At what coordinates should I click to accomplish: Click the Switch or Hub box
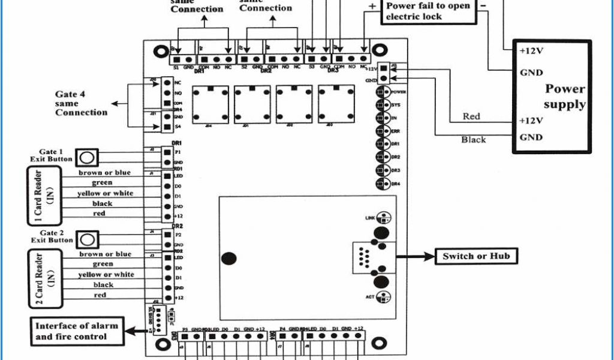click(x=476, y=256)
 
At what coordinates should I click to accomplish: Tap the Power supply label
click(x=564, y=97)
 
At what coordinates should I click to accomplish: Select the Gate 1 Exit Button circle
click(x=88, y=158)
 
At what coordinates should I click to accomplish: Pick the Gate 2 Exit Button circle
click(x=88, y=239)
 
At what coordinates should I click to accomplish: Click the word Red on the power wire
click(x=471, y=116)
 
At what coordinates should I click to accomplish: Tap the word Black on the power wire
click(x=473, y=139)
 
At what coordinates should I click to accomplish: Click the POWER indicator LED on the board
click(x=381, y=92)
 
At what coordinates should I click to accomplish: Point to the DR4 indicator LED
click(x=381, y=183)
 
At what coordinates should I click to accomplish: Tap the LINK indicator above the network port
click(x=384, y=218)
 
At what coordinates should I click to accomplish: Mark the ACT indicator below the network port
click(x=384, y=296)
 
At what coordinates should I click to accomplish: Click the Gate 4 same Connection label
click(x=82, y=103)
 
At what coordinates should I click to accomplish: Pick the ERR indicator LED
click(x=381, y=131)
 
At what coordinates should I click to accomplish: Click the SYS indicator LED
click(x=381, y=106)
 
